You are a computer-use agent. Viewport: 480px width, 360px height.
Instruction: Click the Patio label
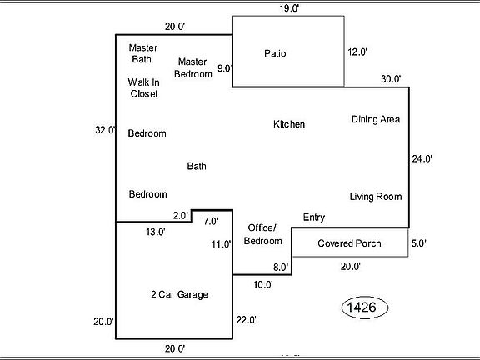click(275, 54)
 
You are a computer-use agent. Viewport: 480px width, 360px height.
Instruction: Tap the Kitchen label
click(289, 124)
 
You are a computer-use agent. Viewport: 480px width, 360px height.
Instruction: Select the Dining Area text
click(375, 120)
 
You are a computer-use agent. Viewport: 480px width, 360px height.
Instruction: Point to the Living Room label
click(375, 197)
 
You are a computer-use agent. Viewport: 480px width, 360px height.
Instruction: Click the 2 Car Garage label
click(179, 295)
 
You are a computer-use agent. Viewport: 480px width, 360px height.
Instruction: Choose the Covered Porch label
click(349, 243)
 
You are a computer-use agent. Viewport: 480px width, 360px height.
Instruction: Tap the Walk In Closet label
click(142, 88)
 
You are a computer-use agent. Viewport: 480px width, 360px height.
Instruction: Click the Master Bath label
click(142, 52)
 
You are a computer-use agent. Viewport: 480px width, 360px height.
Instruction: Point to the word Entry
click(313, 217)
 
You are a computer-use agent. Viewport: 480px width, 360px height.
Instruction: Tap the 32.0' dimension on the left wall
click(105, 130)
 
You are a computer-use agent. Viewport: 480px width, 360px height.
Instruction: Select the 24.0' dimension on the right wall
click(422, 158)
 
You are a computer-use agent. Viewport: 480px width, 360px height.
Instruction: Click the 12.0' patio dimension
click(357, 52)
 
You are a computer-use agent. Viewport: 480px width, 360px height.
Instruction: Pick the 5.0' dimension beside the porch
click(418, 244)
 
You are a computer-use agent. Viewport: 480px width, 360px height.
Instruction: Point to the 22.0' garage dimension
click(246, 320)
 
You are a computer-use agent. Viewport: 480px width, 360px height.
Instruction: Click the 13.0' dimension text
click(156, 232)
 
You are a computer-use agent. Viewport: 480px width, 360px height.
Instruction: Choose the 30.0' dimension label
click(391, 80)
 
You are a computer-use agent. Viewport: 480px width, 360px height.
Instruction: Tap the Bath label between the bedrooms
click(197, 167)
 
